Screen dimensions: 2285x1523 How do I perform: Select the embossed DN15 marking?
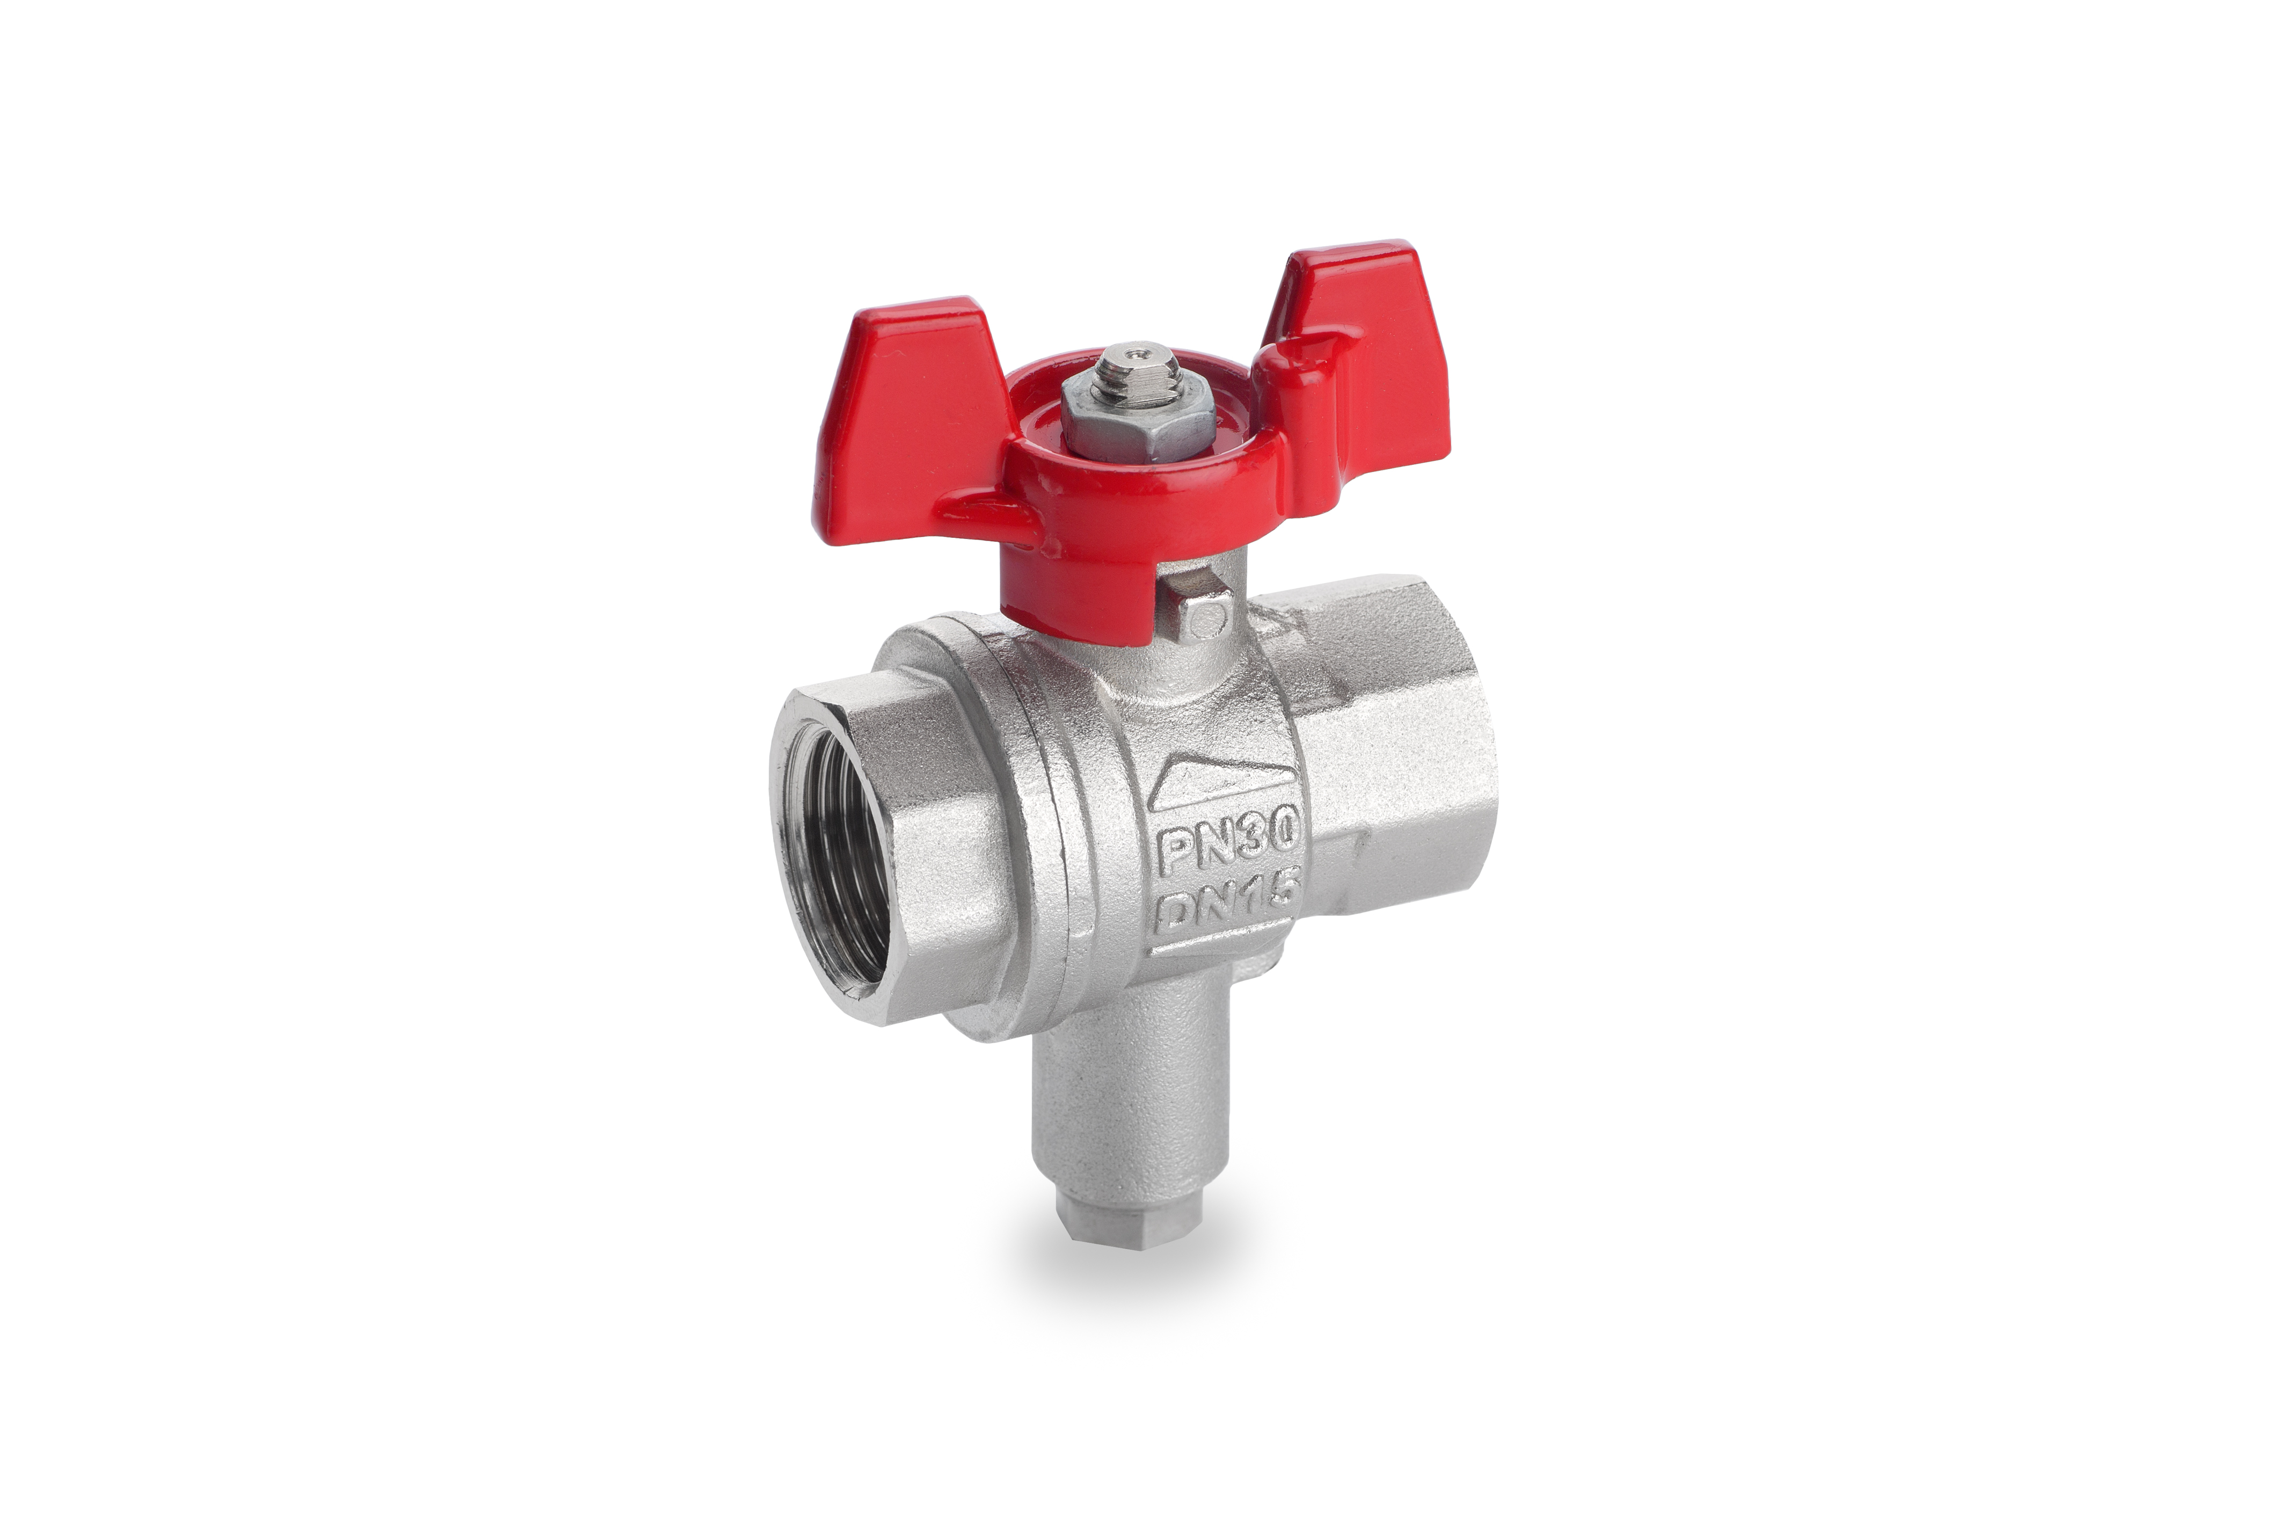tap(1226, 903)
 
